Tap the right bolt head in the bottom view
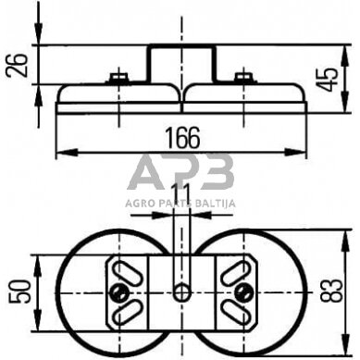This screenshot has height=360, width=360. click(242, 293)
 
